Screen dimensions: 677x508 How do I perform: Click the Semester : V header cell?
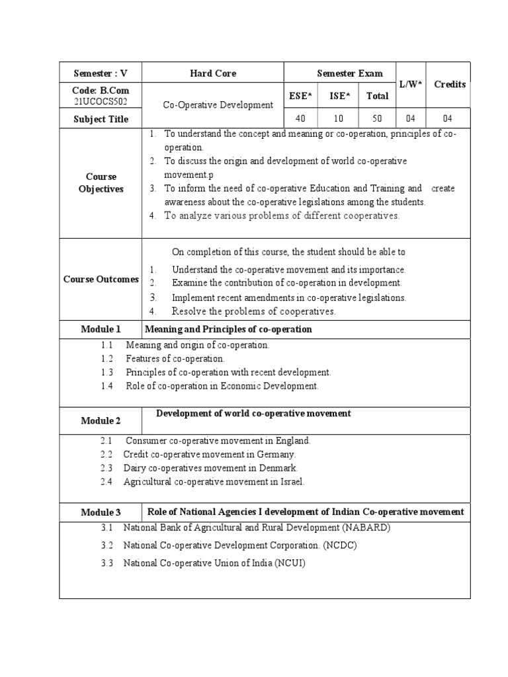tap(100, 73)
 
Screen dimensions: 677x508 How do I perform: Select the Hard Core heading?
tap(212, 73)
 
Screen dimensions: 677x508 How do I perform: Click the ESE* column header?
tap(300, 96)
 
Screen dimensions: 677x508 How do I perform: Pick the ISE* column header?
tap(339, 96)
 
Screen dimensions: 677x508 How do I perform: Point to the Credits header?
tap(449, 84)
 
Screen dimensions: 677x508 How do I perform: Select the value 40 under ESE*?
tap(300, 119)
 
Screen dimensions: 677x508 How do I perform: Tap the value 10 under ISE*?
tap(339, 119)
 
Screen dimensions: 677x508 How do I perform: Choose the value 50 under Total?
tap(377, 119)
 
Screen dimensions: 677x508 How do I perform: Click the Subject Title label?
tap(100, 119)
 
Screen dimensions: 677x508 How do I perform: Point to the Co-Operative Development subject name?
tap(218, 104)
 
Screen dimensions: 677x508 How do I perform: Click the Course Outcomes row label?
tap(101, 279)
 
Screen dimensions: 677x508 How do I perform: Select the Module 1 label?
tap(101, 329)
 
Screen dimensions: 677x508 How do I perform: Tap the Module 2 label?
tap(101, 420)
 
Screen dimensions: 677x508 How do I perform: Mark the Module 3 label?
tap(101, 512)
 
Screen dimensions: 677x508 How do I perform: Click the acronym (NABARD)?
tap(366, 528)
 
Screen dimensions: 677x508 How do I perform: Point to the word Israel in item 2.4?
tap(290, 482)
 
